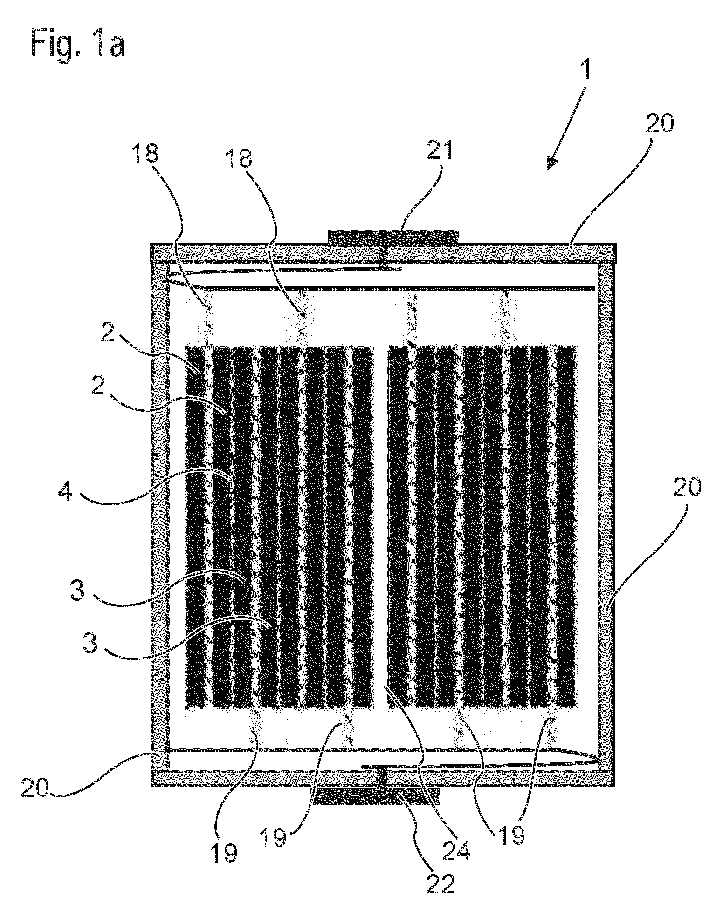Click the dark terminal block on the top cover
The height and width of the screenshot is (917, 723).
[393, 237]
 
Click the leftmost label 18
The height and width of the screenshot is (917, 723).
[145, 155]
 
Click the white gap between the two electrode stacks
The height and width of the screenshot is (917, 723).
[381, 526]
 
